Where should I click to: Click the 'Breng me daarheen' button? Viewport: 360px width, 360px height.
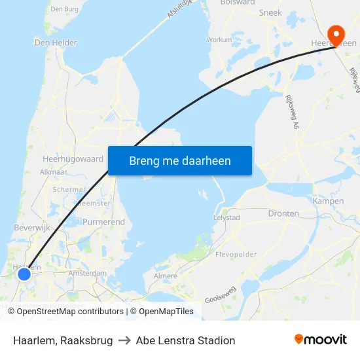[180, 160]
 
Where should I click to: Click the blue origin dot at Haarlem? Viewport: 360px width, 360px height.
[24, 274]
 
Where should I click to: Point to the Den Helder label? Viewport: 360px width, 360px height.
[56, 43]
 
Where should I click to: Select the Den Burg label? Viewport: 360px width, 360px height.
[64, 9]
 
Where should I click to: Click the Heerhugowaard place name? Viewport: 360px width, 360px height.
[73, 158]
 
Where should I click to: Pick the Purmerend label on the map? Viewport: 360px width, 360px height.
[103, 222]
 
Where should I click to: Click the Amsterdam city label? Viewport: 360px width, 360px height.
[87, 273]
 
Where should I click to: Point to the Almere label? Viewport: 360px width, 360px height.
[165, 276]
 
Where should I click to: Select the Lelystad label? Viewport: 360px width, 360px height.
[227, 217]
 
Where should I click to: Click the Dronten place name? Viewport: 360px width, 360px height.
[283, 213]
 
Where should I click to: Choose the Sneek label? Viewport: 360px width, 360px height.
[270, 12]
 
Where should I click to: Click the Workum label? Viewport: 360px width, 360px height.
[219, 39]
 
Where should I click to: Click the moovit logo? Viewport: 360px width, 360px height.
[320, 340]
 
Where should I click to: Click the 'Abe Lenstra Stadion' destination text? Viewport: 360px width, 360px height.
[185, 340]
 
